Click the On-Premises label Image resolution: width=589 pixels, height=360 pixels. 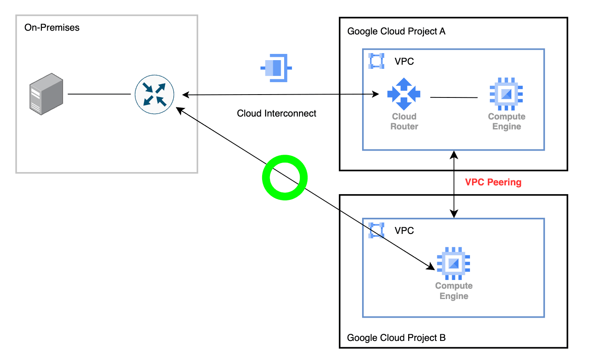tap(52, 28)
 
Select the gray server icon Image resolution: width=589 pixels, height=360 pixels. tap(46, 94)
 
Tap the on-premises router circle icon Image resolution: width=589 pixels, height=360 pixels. tap(154, 95)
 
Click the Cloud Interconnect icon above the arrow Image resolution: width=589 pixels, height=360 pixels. tap(276, 68)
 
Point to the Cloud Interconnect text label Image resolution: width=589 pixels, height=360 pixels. tap(276, 113)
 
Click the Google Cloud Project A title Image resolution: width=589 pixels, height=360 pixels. tap(396, 31)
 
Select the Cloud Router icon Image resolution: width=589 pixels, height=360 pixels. tap(404, 94)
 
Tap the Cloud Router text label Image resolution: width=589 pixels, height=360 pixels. tap(404, 121)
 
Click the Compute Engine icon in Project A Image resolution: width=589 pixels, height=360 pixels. tap(506, 94)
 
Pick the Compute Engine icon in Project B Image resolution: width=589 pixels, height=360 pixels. tap(453, 263)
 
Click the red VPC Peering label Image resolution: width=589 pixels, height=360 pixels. tap(493, 182)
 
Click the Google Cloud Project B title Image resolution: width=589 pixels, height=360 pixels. tap(396, 338)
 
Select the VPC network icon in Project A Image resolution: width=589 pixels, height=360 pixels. tap(376, 61)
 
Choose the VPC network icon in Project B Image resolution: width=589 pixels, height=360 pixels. tap(376, 230)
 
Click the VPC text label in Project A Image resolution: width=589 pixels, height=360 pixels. tap(404, 61)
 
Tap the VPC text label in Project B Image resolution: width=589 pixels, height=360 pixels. tap(404, 231)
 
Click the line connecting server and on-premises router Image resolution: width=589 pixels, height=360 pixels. tap(99, 94)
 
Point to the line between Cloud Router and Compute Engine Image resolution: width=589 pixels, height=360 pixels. tap(454, 97)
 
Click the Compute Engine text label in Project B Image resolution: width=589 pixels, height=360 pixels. tap(454, 291)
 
